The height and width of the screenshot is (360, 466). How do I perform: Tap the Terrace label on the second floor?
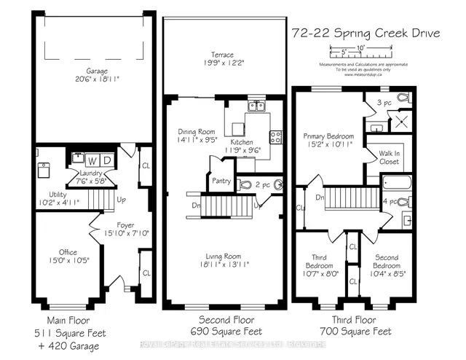click(224, 55)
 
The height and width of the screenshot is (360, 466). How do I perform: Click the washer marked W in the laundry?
click(92, 159)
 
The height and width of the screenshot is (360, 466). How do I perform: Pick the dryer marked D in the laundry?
click(106, 159)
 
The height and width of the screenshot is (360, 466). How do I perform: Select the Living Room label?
click(224, 256)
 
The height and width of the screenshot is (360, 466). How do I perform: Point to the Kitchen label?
click(242, 142)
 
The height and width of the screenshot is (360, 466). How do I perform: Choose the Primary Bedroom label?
click(328, 136)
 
